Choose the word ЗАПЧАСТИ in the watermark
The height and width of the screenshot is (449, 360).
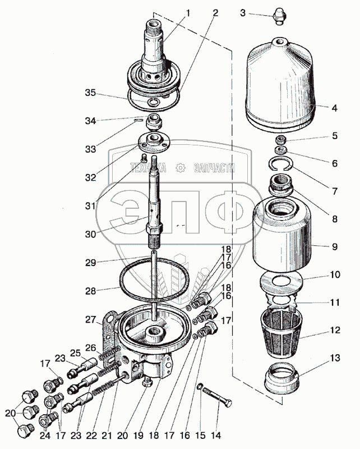point(215,168)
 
